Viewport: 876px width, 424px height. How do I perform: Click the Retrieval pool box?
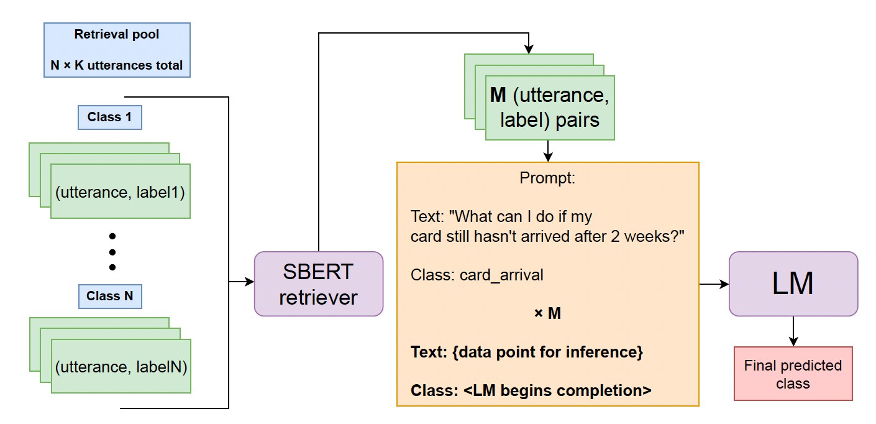pyautogui.click(x=117, y=50)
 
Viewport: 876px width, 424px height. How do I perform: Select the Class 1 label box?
pyautogui.click(x=109, y=117)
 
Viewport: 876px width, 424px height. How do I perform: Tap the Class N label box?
pyautogui.click(x=109, y=296)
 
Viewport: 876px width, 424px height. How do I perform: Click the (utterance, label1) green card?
pyautogui.click(x=120, y=192)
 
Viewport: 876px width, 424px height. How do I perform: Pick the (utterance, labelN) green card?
pyautogui.click(x=121, y=367)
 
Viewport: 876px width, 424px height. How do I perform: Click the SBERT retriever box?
pyautogui.click(x=318, y=284)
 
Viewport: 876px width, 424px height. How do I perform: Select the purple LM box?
pyautogui.click(x=793, y=284)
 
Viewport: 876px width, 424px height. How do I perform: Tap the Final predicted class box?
pyautogui.click(x=793, y=374)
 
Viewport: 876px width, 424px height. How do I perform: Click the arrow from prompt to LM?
pyautogui.click(x=714, y=284)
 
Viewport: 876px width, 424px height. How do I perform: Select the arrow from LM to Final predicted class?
pyautogui.click(x=793, y=331)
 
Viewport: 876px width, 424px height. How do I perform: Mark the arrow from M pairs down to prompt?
pyautogui.click(x=547, y=151)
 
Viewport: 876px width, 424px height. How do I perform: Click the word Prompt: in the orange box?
pyautogui.click(x=547, y=178)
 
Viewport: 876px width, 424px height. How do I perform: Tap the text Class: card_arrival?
pyautogui.click(x=477, y=275)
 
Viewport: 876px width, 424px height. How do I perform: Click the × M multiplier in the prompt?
pyautogui.click(x=547, y=314)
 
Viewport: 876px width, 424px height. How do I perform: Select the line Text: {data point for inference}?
pyautogui.click(x=526, y=353)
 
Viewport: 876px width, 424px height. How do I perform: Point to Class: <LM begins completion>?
pyautogui.click(x=531, y=390)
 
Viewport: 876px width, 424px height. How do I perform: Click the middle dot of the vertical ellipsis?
pyautogui.click(x=112, y=252)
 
